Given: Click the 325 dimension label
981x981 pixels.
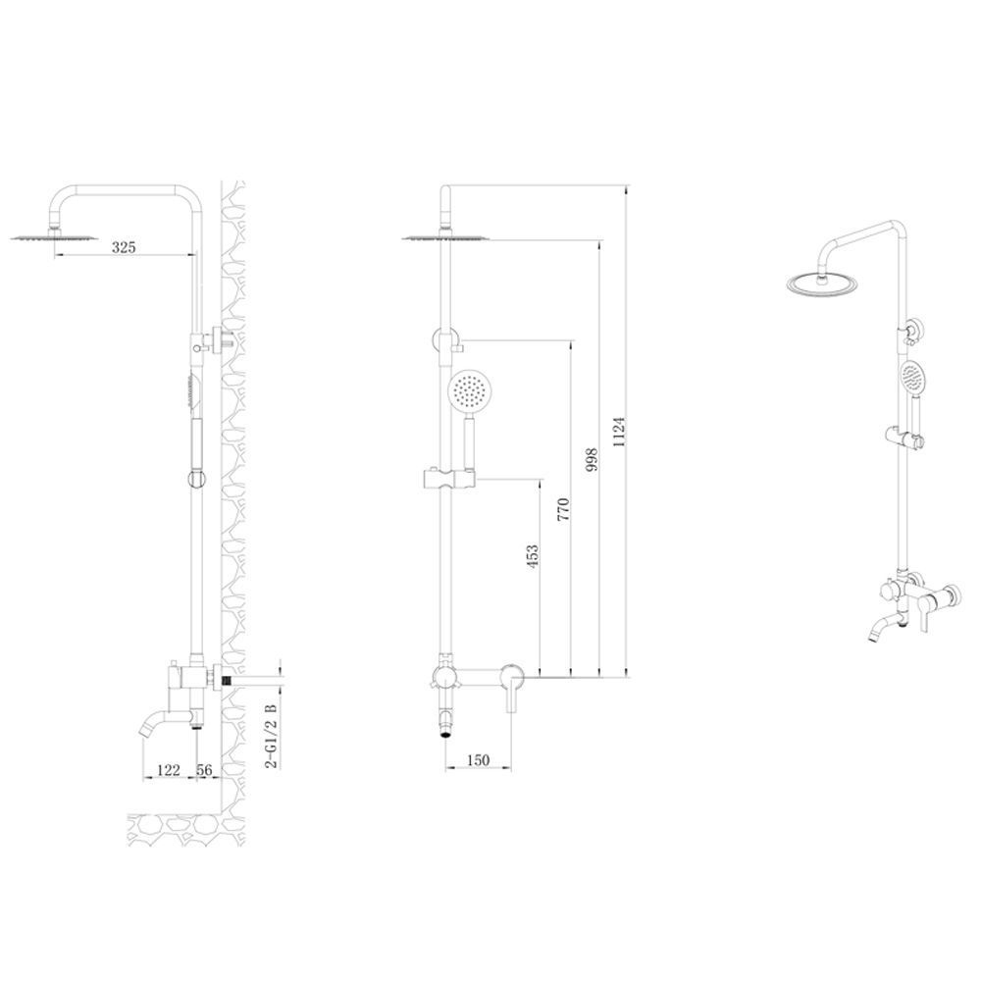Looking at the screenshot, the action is click(124, 247).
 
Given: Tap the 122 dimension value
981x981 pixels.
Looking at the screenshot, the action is click(169, 769).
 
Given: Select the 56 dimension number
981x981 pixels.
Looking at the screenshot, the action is click(205, 769).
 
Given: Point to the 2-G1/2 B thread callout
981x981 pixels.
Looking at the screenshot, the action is click(271, 736).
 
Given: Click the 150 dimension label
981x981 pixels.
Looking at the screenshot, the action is click(478, 760).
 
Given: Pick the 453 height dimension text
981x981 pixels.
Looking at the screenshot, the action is click(533, 557).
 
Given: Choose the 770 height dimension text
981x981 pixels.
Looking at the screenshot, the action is click(564, 510).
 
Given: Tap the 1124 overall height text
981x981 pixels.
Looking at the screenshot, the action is click(619, 432).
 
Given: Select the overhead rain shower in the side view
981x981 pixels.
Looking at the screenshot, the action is click(54, 236).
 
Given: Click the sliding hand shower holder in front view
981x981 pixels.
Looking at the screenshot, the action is click(448, 479).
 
